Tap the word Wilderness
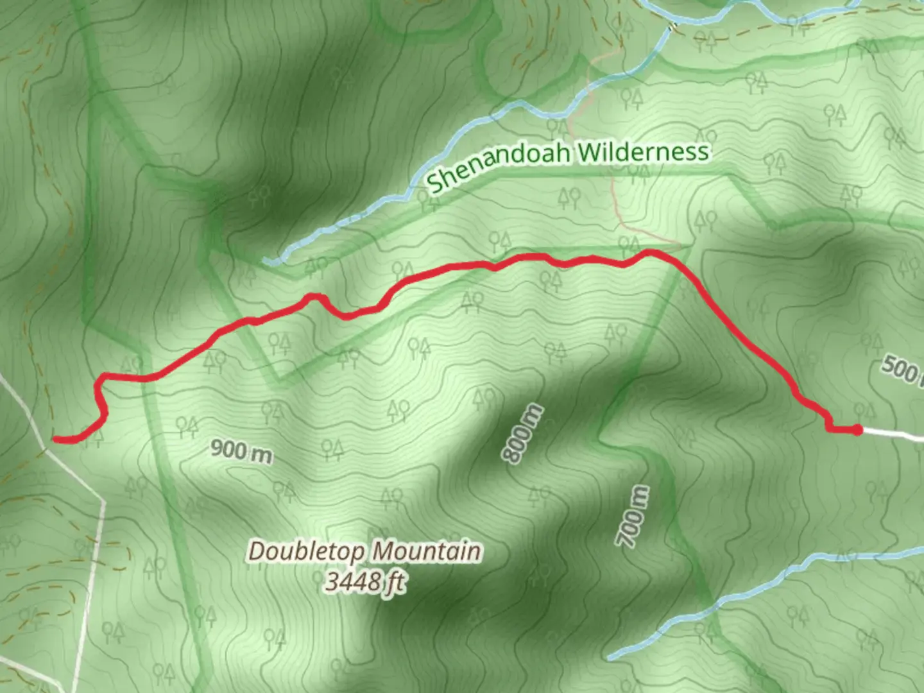644,153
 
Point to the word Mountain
427,551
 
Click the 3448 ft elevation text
364,582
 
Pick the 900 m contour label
241,451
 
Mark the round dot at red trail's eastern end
857,429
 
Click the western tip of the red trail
55,439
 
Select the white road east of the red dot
895,435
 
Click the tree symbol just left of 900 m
187,424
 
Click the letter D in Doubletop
257,552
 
